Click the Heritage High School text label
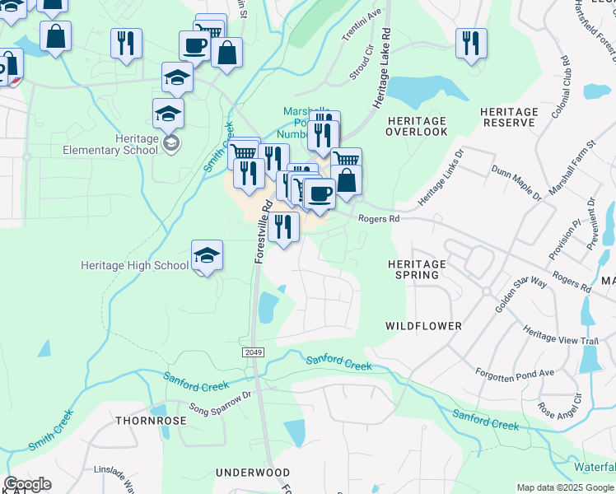pyautogui.click(x=134, y=266)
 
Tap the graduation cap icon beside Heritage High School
pyautogui.click(x=208, y=255)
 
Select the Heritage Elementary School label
pyautogui.click(x=110, y=145)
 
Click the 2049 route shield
pyautogui.click(x=253, y=352)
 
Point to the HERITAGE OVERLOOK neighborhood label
pyautogui.click(x=416, y=126)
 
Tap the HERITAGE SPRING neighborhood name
pyautogui.click(x=416, y=269)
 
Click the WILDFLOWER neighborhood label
pyautogui.click(x=423, y=326)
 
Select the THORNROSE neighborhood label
pyautogui.click(x=151, y=420)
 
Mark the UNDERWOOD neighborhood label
pyautogui.click(x=252, y=473)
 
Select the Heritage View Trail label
pyautogui.click(x=561, y=339)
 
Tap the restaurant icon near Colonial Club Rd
pyautogui.click(x=471, y=43)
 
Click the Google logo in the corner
pyautogui.click(x=27, y=484)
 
